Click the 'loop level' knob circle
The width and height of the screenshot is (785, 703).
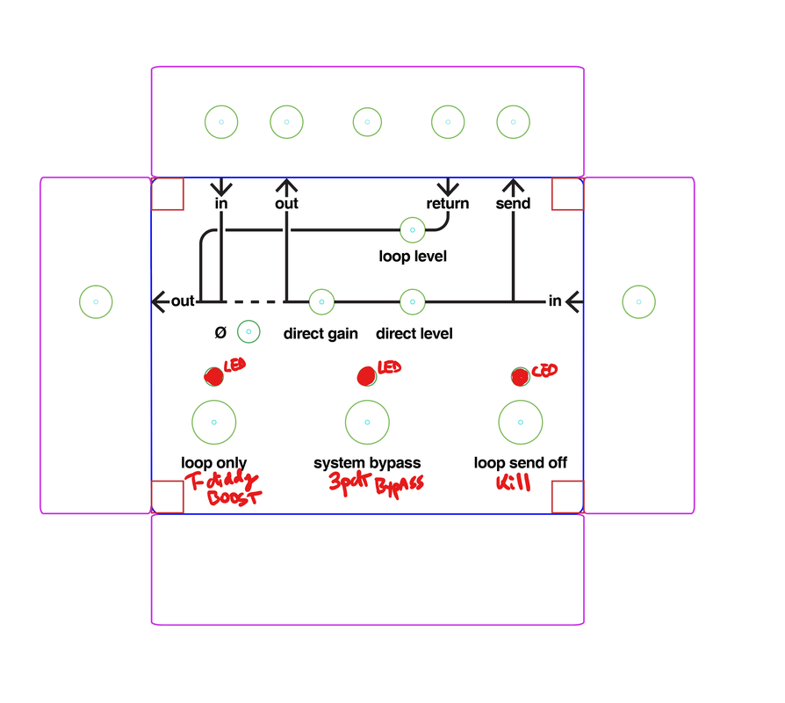click(x=413, y=229)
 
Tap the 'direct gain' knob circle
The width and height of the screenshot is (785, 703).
click(x=321, y=301)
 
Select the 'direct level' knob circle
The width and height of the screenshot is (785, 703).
click(x=413, y=301)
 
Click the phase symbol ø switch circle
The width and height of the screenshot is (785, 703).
click(x=248, y=332)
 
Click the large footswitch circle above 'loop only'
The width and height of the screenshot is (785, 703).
click(x=214, y=422)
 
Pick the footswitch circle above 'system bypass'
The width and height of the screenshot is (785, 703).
click(x=367, y=422)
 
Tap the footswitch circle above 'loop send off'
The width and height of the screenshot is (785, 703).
click(x=521, y=422)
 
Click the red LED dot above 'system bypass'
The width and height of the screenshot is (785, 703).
click(x=367, y=376)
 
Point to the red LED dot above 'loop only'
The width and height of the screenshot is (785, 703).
click(x=213, y=376)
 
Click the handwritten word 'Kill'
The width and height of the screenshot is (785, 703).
click(x=513, y=482)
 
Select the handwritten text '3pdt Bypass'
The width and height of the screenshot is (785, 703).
click(x=376, y=482)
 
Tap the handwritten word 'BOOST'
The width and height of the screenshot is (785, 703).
click(x=234, y=498)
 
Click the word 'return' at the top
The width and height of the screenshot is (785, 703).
click(x=448, y=204)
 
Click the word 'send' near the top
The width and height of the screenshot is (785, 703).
click(x=513, y=204)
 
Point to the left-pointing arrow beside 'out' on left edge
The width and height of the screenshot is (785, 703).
click(x=160, y=301)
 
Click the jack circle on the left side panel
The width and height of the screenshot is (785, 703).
click(x=96, y=301)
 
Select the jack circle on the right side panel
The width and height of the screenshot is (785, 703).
click(x=639, y=301)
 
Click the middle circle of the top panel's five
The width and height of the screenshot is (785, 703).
click(x=367, y=122)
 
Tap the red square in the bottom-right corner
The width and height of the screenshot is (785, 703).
click(x=567, y=496)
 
